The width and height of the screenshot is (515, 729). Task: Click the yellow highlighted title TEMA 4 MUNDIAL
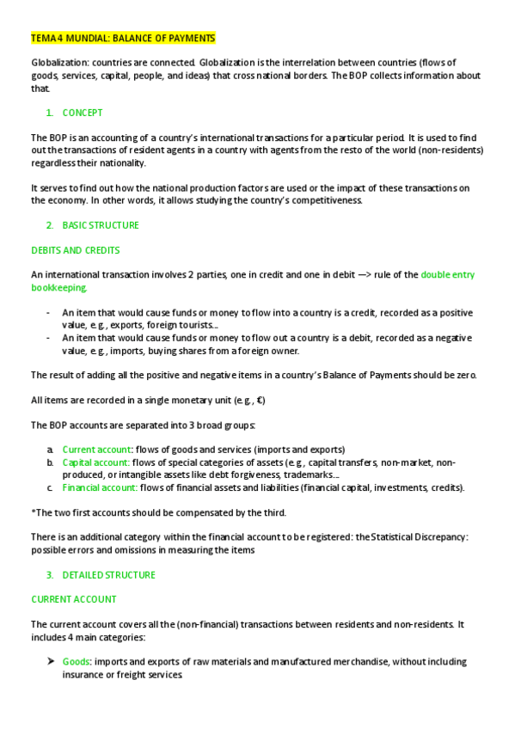123,38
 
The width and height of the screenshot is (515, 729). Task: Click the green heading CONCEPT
83,113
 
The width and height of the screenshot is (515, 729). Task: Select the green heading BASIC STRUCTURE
101,225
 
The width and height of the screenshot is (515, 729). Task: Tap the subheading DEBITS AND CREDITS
75,250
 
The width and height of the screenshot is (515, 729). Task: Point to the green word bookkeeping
58,288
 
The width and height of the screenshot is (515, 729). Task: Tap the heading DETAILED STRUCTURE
108,574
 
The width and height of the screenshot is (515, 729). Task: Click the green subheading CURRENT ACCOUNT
74,599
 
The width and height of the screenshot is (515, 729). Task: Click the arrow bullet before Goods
51,662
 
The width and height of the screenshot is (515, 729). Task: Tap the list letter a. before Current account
50,450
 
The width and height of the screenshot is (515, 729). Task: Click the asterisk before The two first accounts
33,512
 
